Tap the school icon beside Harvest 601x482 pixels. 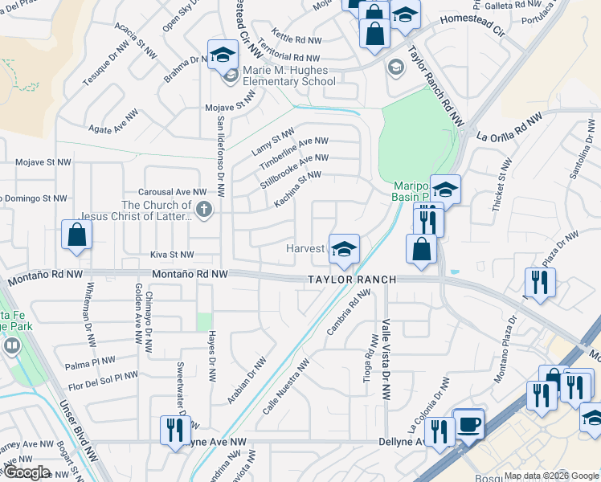click(x=344, y=248)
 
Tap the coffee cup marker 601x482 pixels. click(x=468, y=423)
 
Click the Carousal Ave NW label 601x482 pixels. click(x=172, y=193)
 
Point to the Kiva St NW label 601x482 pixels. click(x=173, y=254)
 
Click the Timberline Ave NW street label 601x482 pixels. click(x=293, y=152)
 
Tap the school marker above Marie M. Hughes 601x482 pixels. click(x=223, y=55)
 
